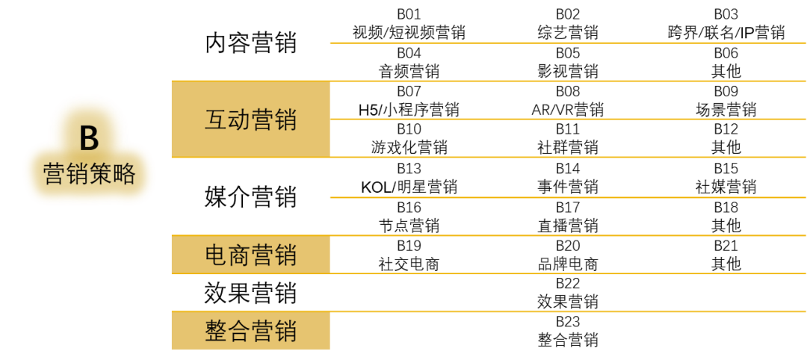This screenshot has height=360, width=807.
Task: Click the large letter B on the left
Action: click(89, 138)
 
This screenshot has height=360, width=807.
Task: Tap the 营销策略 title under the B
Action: click(89, 174)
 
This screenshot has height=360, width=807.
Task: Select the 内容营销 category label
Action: click(250, 43)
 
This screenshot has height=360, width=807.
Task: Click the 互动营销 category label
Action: click(250, 120)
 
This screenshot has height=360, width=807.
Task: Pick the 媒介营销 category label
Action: click(250, 196)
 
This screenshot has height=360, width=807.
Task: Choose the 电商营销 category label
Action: click(250, 255)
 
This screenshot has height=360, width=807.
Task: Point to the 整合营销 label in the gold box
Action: click(250, 331)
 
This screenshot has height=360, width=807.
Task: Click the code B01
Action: click(409, 14)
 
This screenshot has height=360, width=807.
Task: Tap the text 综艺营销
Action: click(568, 33)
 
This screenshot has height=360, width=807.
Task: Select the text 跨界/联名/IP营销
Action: click(726, 33)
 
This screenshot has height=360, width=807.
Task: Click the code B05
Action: click(568, 53)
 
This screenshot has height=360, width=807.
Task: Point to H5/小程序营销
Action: click(409, 110)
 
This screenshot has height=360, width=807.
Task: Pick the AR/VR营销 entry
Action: click(568, 110)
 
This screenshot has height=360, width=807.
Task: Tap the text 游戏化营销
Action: click(409, 148)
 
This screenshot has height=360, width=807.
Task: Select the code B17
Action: click(568, 207)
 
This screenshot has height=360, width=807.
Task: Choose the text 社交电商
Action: click(409, 264)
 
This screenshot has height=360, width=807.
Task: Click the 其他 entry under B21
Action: click(726, 264)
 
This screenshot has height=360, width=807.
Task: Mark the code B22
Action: click(568, 283)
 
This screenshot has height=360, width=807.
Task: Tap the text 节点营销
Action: click(409, 226)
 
